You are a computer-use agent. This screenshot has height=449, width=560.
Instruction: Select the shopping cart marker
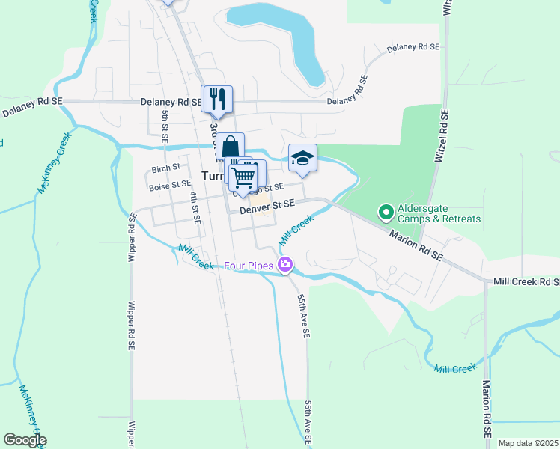pyautogui.click(x=243, y=177)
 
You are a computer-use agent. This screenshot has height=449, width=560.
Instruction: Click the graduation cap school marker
pyautogui.click(x=302, y=158)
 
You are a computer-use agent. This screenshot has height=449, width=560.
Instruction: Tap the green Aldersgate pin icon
pyautogui.click(x=386, y=213)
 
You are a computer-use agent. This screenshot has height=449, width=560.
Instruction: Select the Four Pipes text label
pyautogui.click(x=249, y=266)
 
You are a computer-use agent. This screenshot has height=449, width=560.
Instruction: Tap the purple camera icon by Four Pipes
pyautogui.click(x=284, y=264)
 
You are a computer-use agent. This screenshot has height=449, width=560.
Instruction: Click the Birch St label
pyautogui.click(x=165, y=167)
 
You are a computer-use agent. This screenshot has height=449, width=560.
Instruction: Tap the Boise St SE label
pyautogui.click(x=169, y=184)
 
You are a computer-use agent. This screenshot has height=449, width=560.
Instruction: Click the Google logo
pyautogui.click(x=25, y=440)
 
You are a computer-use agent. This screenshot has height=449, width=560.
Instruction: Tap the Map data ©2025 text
pyautogui.click(x=528, y=443)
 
